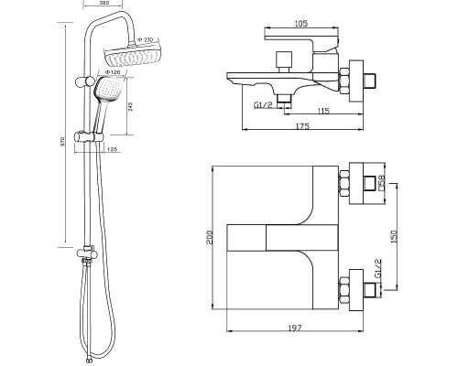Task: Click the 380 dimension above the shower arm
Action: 103,3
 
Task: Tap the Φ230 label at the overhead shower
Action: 145,40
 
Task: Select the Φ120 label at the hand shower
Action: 111,72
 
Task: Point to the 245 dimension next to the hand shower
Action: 130,106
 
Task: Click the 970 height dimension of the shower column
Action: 62,141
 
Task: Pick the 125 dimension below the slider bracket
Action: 113,149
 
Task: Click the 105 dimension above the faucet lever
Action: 301,23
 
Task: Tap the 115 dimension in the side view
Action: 323,111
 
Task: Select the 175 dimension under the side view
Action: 302,125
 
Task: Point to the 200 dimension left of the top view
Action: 210,237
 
